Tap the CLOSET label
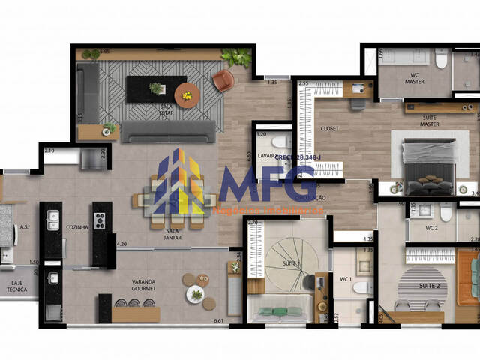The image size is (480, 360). pyautogui.click(x=329, y=128)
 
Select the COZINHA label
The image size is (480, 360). pyautogui.click(x=77, y=226)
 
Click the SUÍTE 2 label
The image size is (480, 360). pyautogui.click(x=429, y=286)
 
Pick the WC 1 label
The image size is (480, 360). pyautogui.click(x=346, y=280)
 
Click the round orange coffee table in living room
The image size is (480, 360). pyautogui.click(x=187, y=94)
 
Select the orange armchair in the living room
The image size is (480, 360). pyautogui.click(x=223, y=80)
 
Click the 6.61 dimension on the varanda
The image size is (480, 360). pyautogui.click(x=219, y=321)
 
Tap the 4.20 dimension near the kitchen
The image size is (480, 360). pyautogui.click(x=121, y=243)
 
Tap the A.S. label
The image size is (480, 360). pyautogui.click(x=24, y=226)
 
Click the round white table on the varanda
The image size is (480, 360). pyautogui.click(x=196, y=294)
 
